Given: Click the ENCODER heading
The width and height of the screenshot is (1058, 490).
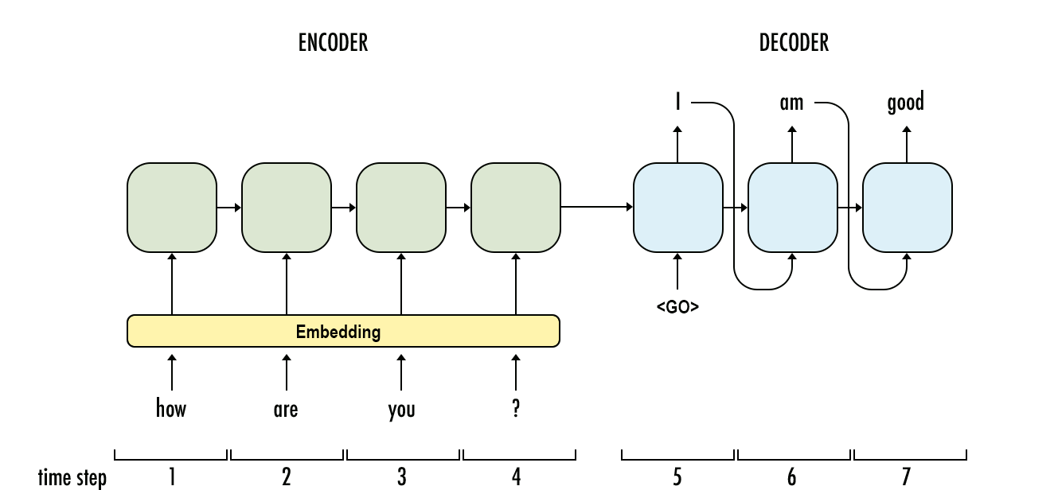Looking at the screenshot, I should point(333,43).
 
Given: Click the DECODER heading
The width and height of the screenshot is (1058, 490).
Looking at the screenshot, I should point(794,43).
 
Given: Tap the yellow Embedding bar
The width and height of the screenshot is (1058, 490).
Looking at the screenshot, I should point(343,331).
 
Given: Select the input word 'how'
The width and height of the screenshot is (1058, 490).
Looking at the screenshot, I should point(171,409).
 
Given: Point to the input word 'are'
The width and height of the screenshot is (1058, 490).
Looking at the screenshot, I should point(286,410).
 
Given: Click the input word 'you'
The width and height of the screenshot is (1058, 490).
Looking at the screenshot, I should point(401,410).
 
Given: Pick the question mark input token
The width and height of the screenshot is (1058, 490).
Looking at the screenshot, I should point(516,409).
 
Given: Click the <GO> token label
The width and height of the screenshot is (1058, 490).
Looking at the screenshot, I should point(677,306).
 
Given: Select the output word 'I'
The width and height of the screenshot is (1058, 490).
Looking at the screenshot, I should point(677,103).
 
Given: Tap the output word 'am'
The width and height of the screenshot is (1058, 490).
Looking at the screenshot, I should point(791,103).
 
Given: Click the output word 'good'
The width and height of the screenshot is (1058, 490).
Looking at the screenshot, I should point(906,103).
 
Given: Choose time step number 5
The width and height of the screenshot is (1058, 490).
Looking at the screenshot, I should point(677,476).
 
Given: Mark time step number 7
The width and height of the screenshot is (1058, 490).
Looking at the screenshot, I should point(906,476).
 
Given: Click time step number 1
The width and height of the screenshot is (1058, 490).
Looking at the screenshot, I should point(171,476).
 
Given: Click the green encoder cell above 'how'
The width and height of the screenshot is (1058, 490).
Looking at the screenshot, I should point(171,208).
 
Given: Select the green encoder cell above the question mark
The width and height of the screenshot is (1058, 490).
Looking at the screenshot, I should point(516,208).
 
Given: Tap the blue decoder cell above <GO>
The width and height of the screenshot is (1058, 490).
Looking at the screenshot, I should point(677,208).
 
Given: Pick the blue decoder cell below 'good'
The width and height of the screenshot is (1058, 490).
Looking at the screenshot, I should point(907,208).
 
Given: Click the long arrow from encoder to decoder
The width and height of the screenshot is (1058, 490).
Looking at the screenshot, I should point(597,208).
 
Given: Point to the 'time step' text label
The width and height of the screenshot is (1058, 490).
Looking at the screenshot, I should point(72,477).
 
